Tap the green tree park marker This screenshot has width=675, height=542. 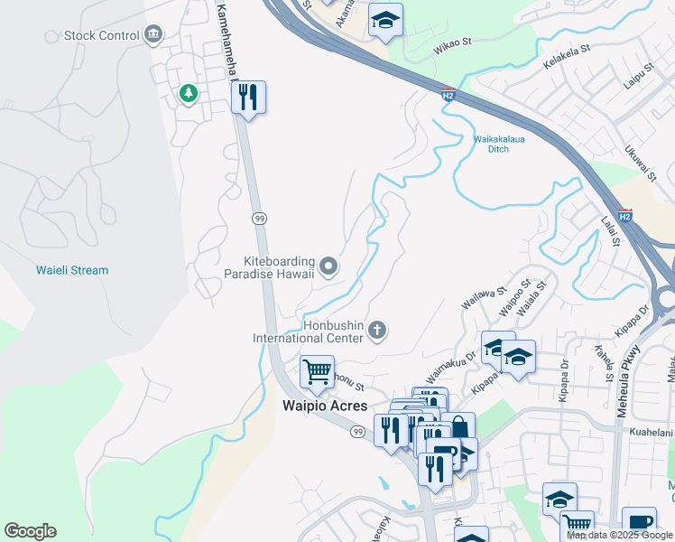pyautogui.click(x=189, y=93)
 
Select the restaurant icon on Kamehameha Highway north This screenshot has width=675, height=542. pyautogui.click(x=248, y=97)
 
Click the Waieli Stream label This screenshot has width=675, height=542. pyautogui.click(x=72, y=270)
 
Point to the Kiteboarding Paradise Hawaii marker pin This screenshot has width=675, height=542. pyautogui.click(x=328, y=266)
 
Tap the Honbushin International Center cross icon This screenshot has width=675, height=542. pyautogui.click(x=378, y=332)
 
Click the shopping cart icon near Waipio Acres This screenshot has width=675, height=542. pyautogui.click(x=317, y=370)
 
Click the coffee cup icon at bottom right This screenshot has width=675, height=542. pyautogui.click(x=639, y=522)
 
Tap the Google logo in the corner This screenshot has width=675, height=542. pyautogui.click(x=30, y=531)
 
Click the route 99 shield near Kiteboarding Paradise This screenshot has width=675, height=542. pyautogui.click(x=259, y=218)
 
